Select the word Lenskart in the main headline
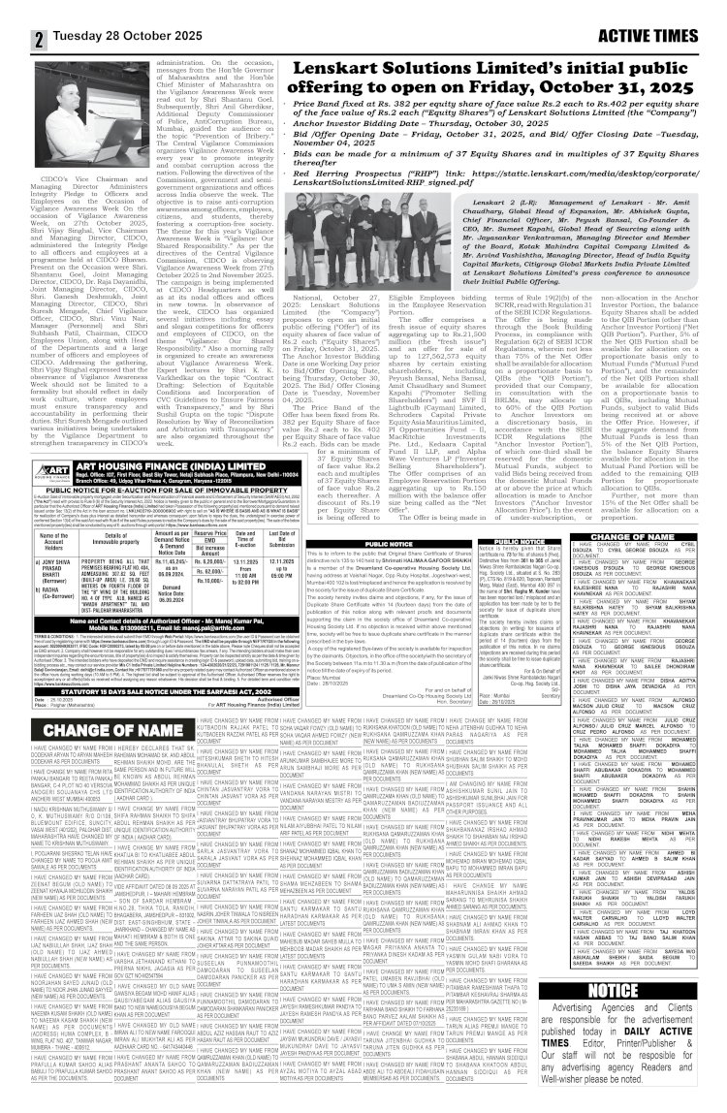pyautogui.click(x=314, y=38)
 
